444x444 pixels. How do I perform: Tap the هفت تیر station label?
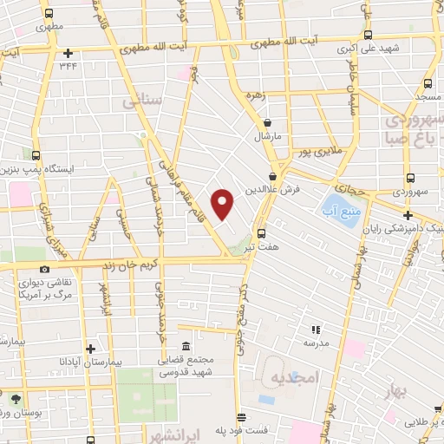click(x=261, y=247)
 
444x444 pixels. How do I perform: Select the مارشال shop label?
click(x=263, y=137)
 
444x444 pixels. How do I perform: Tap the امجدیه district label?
click(x=296, y=377)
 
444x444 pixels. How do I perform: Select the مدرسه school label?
click(x=315, y=343)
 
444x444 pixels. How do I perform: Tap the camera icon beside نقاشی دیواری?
click(x=44, y=269)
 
